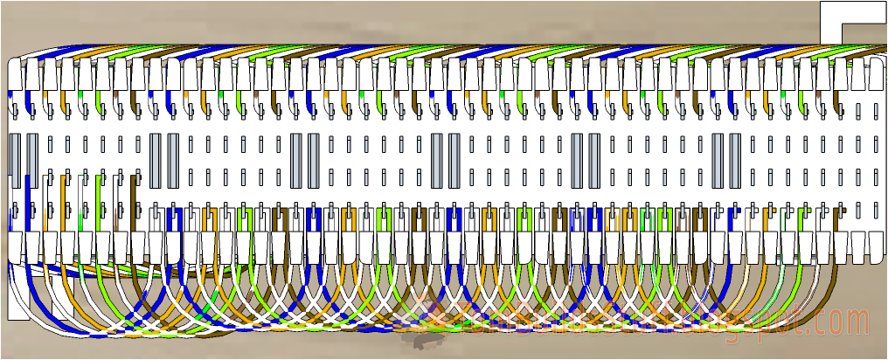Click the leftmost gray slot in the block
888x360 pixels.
coord(15,161)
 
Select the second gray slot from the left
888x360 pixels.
coord(32,161)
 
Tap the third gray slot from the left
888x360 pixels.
coord(156,161)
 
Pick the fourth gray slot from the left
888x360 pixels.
coord(173,161)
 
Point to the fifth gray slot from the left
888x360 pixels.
coord(295,161)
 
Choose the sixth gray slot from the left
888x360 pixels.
coord(313,161)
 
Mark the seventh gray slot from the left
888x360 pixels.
coord(436,161)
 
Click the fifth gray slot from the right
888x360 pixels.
coord(454,161)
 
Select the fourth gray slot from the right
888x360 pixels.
coord(577,161)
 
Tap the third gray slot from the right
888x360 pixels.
coord(594,161)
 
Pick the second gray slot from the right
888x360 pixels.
coord(718,161)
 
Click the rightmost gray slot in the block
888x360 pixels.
coord(735,161)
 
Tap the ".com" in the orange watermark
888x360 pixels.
coord(843,323)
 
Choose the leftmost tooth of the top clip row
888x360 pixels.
coord(15,75)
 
